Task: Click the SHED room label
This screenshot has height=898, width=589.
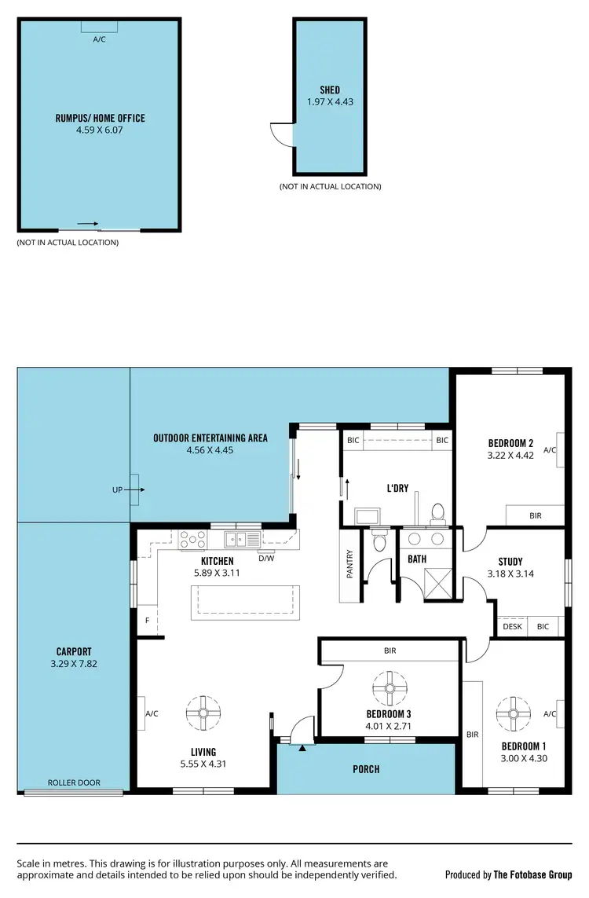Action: tap(329, 90)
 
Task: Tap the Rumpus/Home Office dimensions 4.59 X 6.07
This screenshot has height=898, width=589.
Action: tap(100, 130)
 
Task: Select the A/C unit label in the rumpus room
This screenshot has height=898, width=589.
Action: tap(100, 39)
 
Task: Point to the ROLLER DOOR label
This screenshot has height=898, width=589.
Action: tap(74, 783)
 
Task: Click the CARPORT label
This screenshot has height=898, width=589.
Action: tap(74, 651)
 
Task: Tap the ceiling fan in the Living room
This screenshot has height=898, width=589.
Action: tap(203, 713)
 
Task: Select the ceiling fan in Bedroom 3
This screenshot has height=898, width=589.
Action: tap(389, 687)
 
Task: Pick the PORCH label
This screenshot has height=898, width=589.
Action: tap(366, 769)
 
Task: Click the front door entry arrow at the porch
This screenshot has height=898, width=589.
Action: tap(302, 748)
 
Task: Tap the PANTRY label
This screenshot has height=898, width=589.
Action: tap(349, 564)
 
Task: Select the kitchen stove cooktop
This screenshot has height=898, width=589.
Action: tap(193, 539)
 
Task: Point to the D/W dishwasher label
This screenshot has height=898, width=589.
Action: tap(266, 559)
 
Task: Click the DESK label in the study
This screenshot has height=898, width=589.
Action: tap(512, 626)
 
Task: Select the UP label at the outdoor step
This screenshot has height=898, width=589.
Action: tap(118, 489)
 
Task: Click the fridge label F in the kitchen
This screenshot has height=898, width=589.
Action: tap(147, 620)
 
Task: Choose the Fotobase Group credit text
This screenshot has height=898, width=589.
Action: tap(508, 874)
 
